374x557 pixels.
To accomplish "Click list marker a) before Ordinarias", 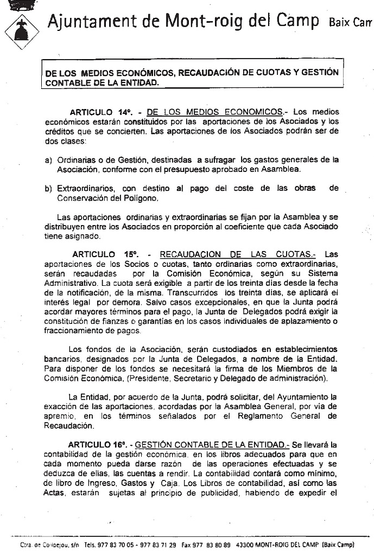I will click(48, 160).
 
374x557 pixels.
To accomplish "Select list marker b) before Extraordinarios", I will click(48, 188).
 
